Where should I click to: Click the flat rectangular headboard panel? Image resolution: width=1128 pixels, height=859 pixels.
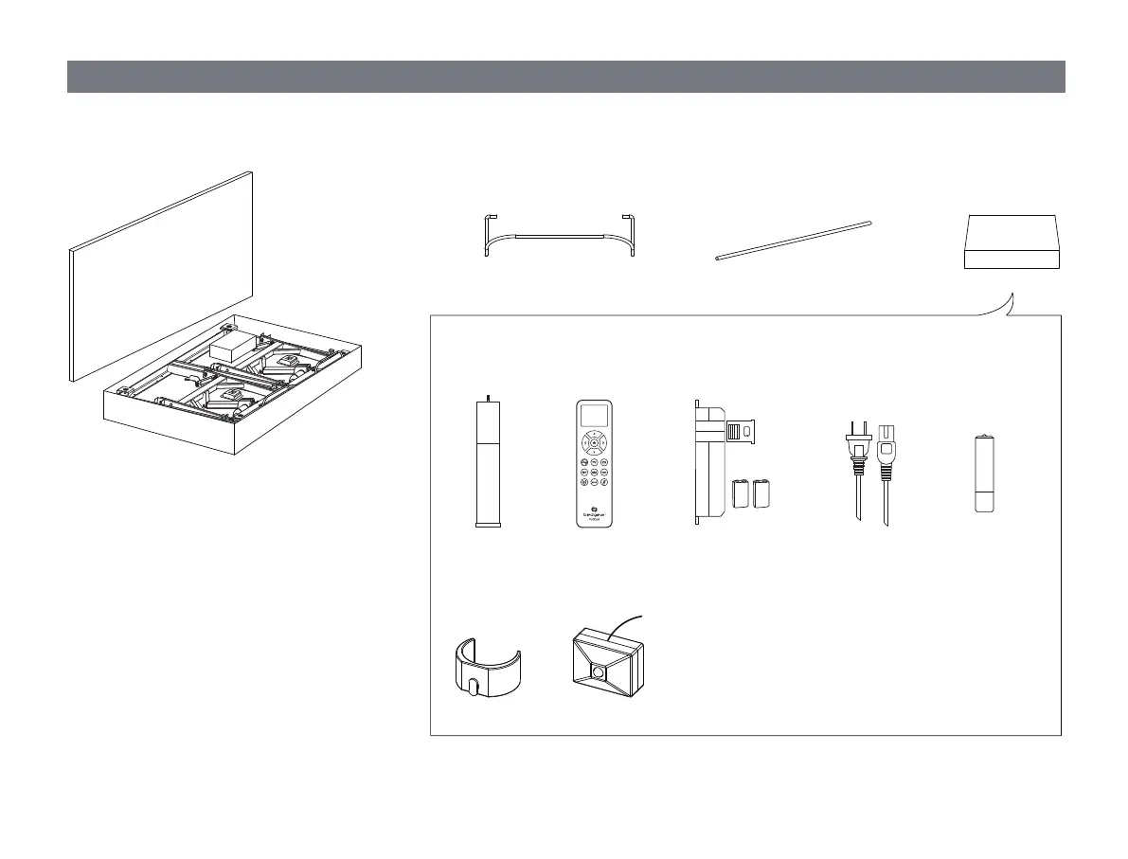[x=161, y=275]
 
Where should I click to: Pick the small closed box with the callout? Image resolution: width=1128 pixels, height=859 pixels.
[x=1012, y=242]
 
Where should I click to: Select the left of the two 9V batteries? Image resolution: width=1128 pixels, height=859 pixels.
[x=741, y=495]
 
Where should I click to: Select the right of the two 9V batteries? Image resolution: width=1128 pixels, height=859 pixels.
[x=762, y=495]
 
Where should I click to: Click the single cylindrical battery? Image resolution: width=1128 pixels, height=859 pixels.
[x=986, y=474]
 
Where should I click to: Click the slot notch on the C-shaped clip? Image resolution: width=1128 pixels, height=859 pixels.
[x=473, y=684]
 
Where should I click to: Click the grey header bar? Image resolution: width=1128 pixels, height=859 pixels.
[x=565, y=77]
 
